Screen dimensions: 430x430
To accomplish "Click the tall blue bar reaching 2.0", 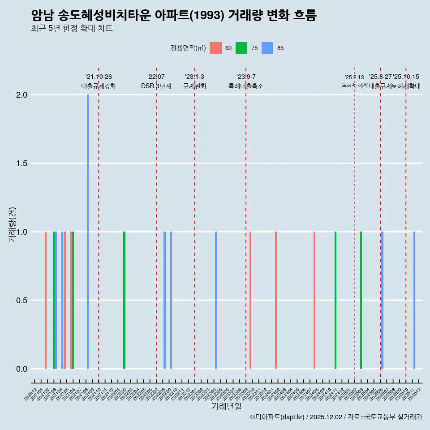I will [x=88, y=232].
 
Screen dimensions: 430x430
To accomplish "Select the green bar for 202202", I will [x=124, y=300].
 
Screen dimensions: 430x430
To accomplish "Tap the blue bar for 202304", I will [x=216, y=300].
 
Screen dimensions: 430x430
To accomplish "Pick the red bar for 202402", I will [x=276, y=300].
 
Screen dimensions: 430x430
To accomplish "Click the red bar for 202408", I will [x=314, y=300].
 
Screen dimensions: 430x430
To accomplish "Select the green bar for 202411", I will [x=335, y=300].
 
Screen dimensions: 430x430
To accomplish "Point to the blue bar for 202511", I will [x=414, y=300].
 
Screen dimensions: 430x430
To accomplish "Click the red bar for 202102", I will [x=46, y=300].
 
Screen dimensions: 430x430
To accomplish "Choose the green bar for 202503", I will [x=361, y=300].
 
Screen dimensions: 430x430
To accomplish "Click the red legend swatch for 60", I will [x=215, y=48].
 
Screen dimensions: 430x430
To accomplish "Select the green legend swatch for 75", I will [x=241, y=48].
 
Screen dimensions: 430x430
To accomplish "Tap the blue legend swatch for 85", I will [x=267, y=48].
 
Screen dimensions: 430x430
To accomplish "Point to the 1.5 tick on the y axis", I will [x=22, y=163].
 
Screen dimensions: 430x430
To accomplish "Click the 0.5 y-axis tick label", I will [x=22, y=301].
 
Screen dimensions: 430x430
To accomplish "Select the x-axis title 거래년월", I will [x=226, y=407].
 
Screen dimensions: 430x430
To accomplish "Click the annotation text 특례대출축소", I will [x=246, y=86].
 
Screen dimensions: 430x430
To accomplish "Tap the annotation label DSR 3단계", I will [x=156, y=86].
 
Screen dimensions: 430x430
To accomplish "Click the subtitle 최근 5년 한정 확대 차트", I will [x=72, y=29].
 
